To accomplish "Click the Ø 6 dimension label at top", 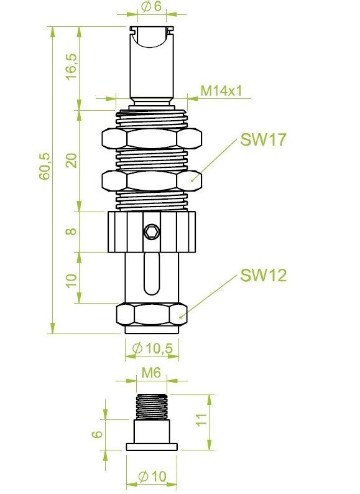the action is [152, 6].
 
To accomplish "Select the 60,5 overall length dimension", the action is [44, 166].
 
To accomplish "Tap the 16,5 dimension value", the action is [71, 67].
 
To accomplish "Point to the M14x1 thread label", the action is [222, 91].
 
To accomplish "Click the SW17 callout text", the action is [263, 139].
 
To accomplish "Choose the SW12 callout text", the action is [263, 276].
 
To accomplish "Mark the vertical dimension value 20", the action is [72, 161].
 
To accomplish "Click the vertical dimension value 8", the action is [71, 231].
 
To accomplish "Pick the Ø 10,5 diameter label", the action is [152, 348].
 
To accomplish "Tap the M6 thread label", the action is [151, 373].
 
